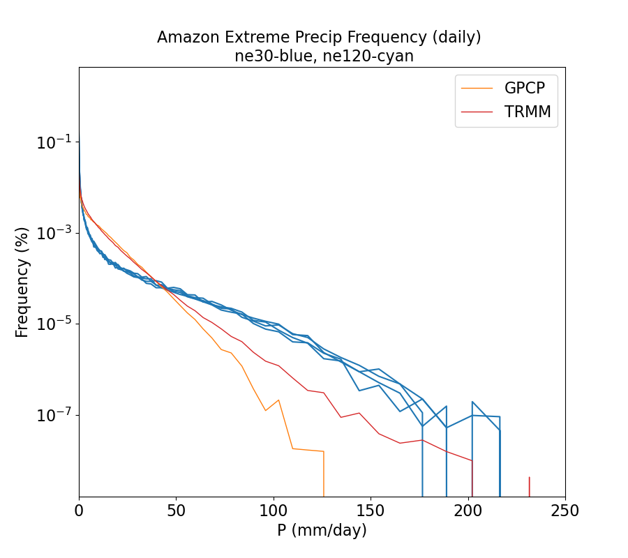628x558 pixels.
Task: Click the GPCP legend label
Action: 524,88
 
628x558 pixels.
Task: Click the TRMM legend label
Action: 527,112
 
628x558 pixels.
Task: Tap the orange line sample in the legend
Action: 477,88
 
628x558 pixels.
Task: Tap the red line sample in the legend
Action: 477,112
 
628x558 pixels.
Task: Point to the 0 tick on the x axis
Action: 79,511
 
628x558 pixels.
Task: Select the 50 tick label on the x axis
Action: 176,511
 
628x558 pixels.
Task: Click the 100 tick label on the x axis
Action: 274,511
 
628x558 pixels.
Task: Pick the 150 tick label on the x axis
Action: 371,511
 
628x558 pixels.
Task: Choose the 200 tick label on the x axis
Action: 468,511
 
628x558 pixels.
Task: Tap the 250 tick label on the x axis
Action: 565,511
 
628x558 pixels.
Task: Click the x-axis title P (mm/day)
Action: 322,531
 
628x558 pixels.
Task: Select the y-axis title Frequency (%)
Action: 22,282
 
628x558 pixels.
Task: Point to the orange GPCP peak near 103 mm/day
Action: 278,400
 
